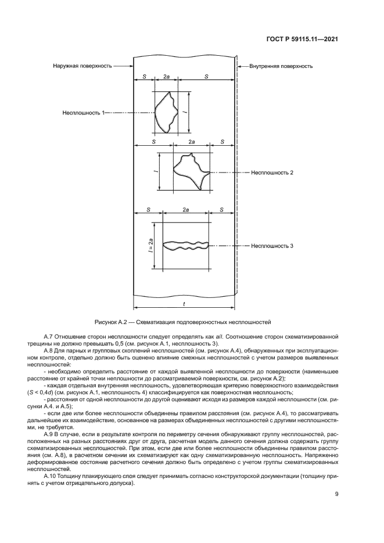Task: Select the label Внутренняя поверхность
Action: point(281,66)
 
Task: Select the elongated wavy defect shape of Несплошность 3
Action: point(185,246)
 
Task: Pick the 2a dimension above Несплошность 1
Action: point(166,77)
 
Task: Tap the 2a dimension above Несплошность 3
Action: point(186,210)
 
